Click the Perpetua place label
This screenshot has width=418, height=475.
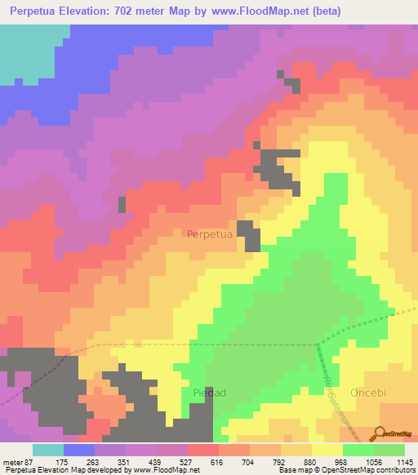(x=210, y=234)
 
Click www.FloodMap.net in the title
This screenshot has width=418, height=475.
(x=252, y=11)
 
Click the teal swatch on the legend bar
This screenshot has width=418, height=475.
(x=48, y=450)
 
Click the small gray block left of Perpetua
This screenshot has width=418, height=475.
(x=123, y=204)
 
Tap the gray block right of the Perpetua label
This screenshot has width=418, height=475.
(x=248, y=234)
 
